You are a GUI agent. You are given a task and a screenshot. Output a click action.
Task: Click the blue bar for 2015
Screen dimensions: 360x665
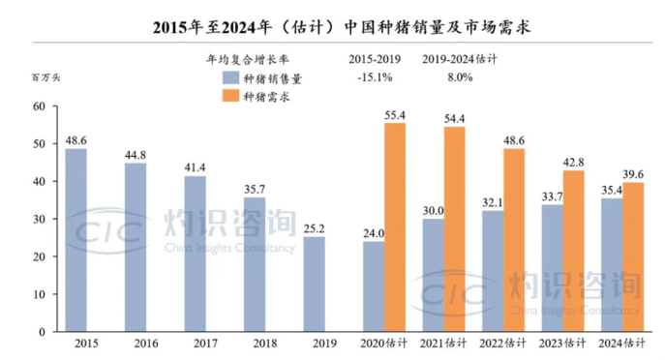[x=76, y=240]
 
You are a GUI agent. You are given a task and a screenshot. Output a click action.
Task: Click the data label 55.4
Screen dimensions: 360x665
[x=395, y=115]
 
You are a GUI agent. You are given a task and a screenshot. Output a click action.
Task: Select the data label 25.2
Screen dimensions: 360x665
[x=315, y=228]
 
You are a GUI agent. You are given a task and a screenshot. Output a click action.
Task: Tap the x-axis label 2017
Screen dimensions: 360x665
[x=196, y=343]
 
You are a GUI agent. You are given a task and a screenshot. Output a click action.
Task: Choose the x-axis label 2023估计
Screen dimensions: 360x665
[x=562, y=343]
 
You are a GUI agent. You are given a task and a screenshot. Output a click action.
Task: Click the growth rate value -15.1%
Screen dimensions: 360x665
[x=373, y=77]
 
